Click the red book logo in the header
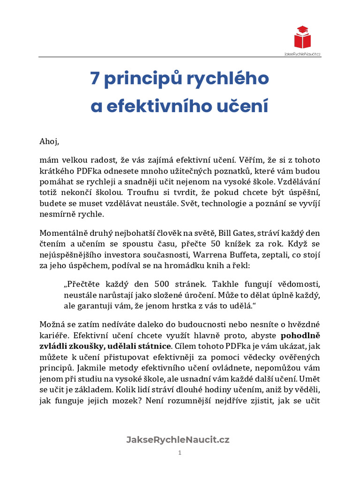tap(303, 38)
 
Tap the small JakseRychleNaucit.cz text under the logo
tap(303, 54)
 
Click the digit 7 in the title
tap(95, 79)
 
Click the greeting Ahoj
tap(49, 141)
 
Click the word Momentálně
tap(61, 233)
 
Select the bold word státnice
tap(153, 345)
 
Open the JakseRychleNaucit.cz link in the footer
tap(178, 439)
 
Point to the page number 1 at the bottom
tap(180, 452)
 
